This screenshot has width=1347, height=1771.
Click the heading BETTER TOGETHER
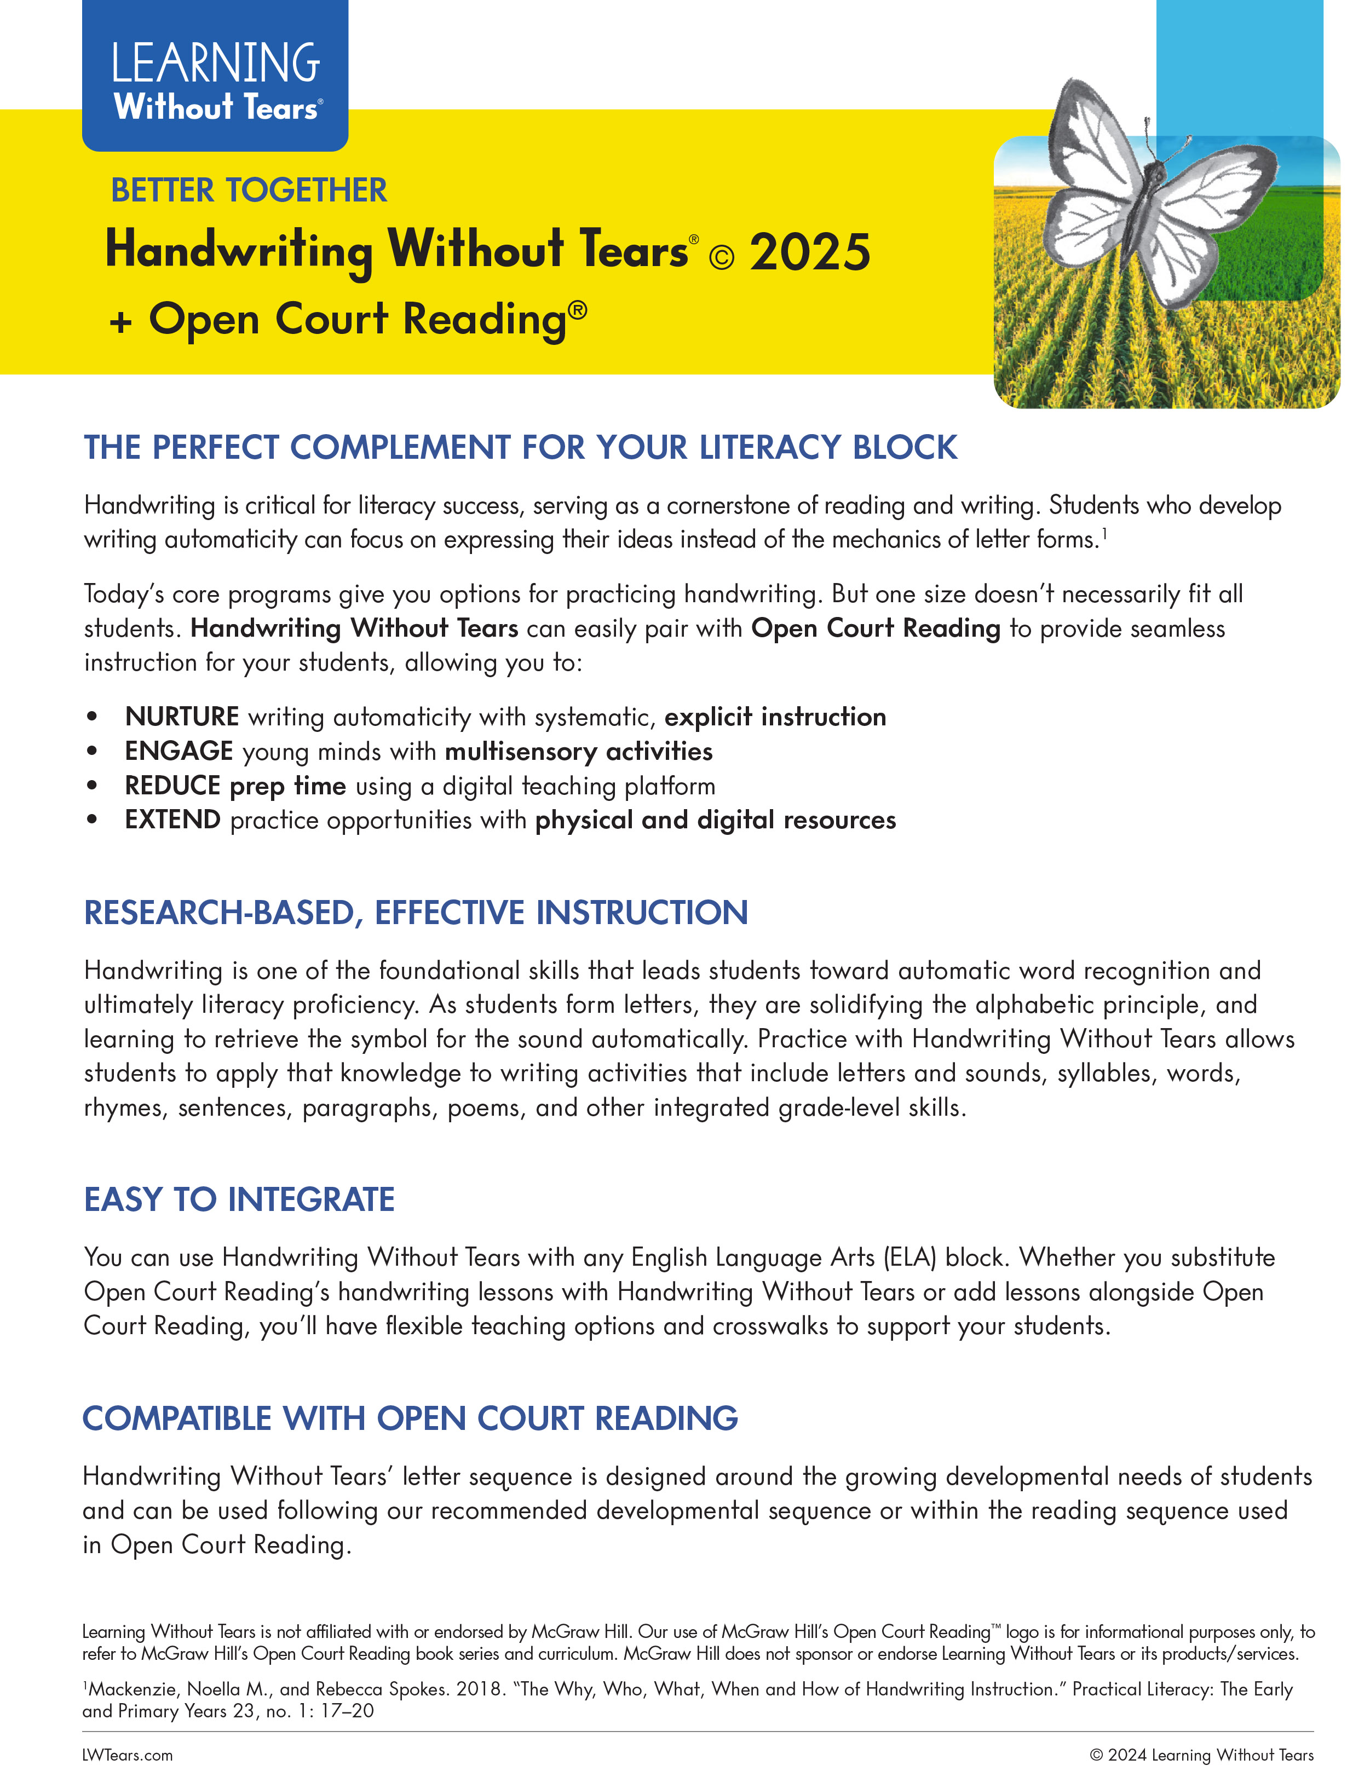coord(249,191)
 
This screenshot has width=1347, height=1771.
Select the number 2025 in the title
coord(810,252)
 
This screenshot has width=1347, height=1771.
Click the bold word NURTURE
coord(182,716)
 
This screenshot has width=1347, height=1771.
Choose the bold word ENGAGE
coord(179,751)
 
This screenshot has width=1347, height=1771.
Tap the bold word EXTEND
coord(172,820)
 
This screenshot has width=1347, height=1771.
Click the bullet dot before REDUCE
coord(93,786)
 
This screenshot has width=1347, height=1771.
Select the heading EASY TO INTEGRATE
coord(239,1199)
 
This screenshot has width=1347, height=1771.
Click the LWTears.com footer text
coord(128,1755)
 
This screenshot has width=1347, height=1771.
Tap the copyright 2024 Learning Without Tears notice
coord(1201,1755)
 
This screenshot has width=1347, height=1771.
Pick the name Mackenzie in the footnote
coord(133,1689)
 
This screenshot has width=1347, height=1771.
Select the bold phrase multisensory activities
coord(578,751)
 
